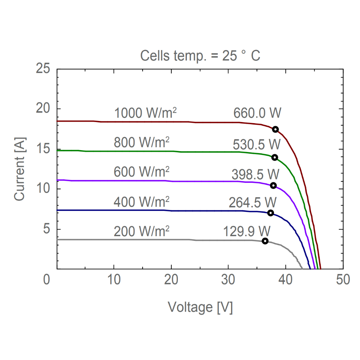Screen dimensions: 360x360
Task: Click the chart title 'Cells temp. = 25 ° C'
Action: pos(200,56)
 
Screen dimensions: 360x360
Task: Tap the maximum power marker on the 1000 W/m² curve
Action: pos(275,130)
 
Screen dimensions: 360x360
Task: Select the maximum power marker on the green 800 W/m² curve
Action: pos(275,157)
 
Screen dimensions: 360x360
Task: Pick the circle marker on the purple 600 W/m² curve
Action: pos(273,185)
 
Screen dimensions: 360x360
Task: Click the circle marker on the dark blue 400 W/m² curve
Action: pos(270,213)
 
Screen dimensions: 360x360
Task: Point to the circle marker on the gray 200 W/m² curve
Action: pos(265,241)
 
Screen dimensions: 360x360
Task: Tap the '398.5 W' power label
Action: pos(255,174)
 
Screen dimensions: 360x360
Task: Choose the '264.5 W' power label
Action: pos(252,202)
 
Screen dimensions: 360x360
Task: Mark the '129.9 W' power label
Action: pos(247,230)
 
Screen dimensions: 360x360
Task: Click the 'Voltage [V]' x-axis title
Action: pos(200,307)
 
